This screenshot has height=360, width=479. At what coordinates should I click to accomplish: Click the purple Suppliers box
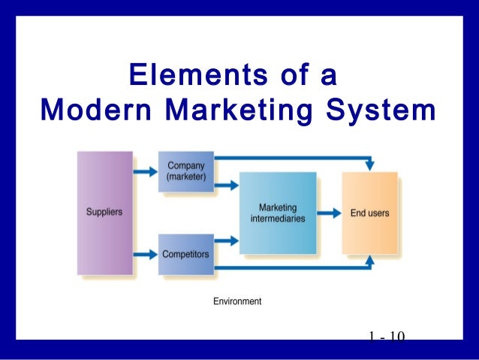[x=104, y=213]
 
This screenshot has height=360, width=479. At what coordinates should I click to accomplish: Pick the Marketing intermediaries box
[x=277, y=213]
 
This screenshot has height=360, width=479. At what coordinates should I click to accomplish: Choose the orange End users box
[x=370, y=213]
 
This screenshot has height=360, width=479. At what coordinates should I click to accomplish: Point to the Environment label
[x=237, y=301]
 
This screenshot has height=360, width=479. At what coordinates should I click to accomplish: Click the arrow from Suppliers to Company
[x=145, y=171]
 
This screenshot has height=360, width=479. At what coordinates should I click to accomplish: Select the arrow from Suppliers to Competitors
[x=145, y=255]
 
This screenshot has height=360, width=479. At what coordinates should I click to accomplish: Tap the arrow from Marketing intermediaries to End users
[x=328, y=213]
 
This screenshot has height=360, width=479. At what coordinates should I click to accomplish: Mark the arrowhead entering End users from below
[x=369, y=261]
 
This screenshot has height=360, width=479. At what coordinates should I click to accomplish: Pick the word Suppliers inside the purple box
[x=104, y=213]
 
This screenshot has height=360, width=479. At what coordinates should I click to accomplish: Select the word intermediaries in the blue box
[x=277, y=218]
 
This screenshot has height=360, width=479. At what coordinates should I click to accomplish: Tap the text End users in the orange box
[x=370, y=213]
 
